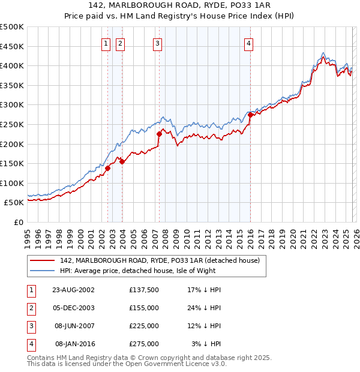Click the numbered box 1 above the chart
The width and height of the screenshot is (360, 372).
coord(106,43)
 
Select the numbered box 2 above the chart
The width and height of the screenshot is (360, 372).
coord(120,43)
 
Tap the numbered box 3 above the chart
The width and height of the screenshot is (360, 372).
coord(157,43)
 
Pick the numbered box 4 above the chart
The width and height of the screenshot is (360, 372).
coord(248,43)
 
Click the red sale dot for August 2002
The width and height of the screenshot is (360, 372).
coord(108,169)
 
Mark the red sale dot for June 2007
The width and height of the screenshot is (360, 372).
coord(159,134)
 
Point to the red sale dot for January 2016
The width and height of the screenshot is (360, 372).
coord(250,115)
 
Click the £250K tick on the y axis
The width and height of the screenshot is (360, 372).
coord(12,124)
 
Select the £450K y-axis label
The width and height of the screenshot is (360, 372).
coord(12,46)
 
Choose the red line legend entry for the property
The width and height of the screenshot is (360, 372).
coord(159,260)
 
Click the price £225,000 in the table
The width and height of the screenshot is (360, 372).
coord(143,326)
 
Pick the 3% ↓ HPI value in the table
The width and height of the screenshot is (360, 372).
coord(206,344)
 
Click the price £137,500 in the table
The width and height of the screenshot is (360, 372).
coord(143,290)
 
